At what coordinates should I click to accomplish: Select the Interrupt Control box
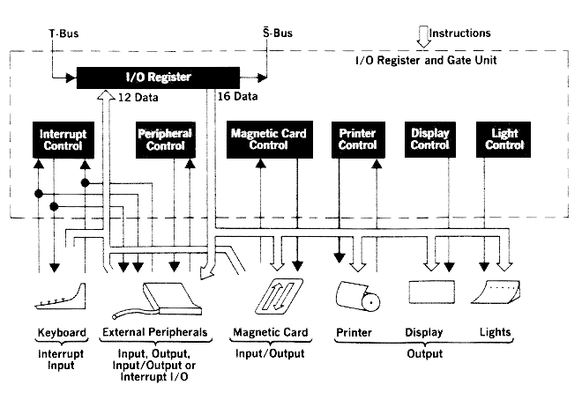(62, 140)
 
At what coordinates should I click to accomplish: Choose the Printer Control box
(358, 139)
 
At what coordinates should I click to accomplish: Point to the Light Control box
(504, 139)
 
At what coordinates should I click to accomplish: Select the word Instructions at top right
(460, 33)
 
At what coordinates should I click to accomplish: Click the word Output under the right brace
(424, 353)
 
